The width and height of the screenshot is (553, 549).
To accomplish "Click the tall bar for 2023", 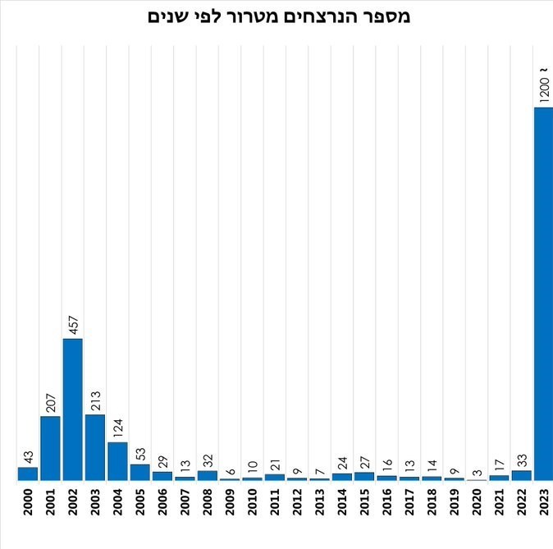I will pyautogui.click(x=543, y=294).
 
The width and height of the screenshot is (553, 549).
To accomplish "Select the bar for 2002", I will pyautogui.click(x=73, y=409).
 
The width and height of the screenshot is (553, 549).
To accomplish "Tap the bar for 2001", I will pyautogui.click(x=50, y=447).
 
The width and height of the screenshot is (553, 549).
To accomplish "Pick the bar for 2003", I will pyautogui.click(x=95, y=446).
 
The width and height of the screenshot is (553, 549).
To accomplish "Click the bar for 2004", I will pyautogui.click(x=117, y=460).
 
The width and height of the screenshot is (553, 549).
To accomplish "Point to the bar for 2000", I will pyautogui.click(x=28, y=474).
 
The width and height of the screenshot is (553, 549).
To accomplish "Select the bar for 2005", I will pyautogui.click(x=140, y=472).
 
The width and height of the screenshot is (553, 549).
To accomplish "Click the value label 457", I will pyautogui.click(x=72, y=323).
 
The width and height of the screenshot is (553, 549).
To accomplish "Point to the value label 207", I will pyautogui.click(x=50, y=400).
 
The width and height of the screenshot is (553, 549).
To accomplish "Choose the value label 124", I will pyautogui.click(x=117, y=427).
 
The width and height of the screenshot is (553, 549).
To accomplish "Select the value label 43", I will pyautogui.click(x=28, y=455).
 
